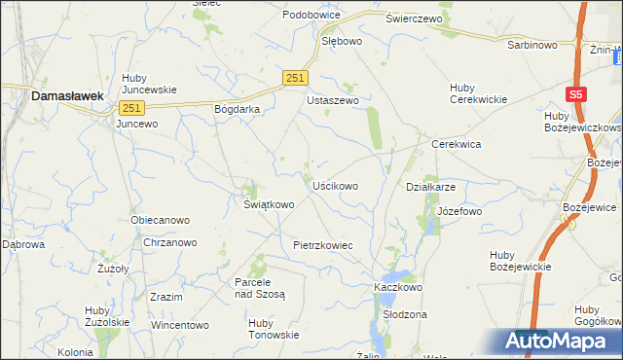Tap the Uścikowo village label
tap(335, 185)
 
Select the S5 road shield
tap(577, 94)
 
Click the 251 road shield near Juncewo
tap(133, 107)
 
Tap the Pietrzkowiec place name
tap(322, 245)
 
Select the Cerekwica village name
tap(457, 143)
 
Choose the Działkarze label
tap(430, 186)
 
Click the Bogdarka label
tap(237, 109)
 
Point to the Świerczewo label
tap(414, 18)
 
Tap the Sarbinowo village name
tap(531, 45)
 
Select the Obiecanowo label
tap(160, 220)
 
